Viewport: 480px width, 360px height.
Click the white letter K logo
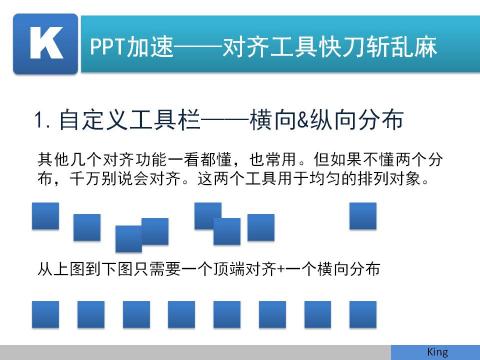click(x=45, y=45)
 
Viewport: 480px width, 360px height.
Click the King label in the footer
click(x=437, y=352)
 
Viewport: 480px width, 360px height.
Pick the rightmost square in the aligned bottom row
click(x=362, y=314)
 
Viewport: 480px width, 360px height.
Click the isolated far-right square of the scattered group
click(x=363, y=216)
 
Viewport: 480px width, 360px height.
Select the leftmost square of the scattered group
click(x=45, y=216)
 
